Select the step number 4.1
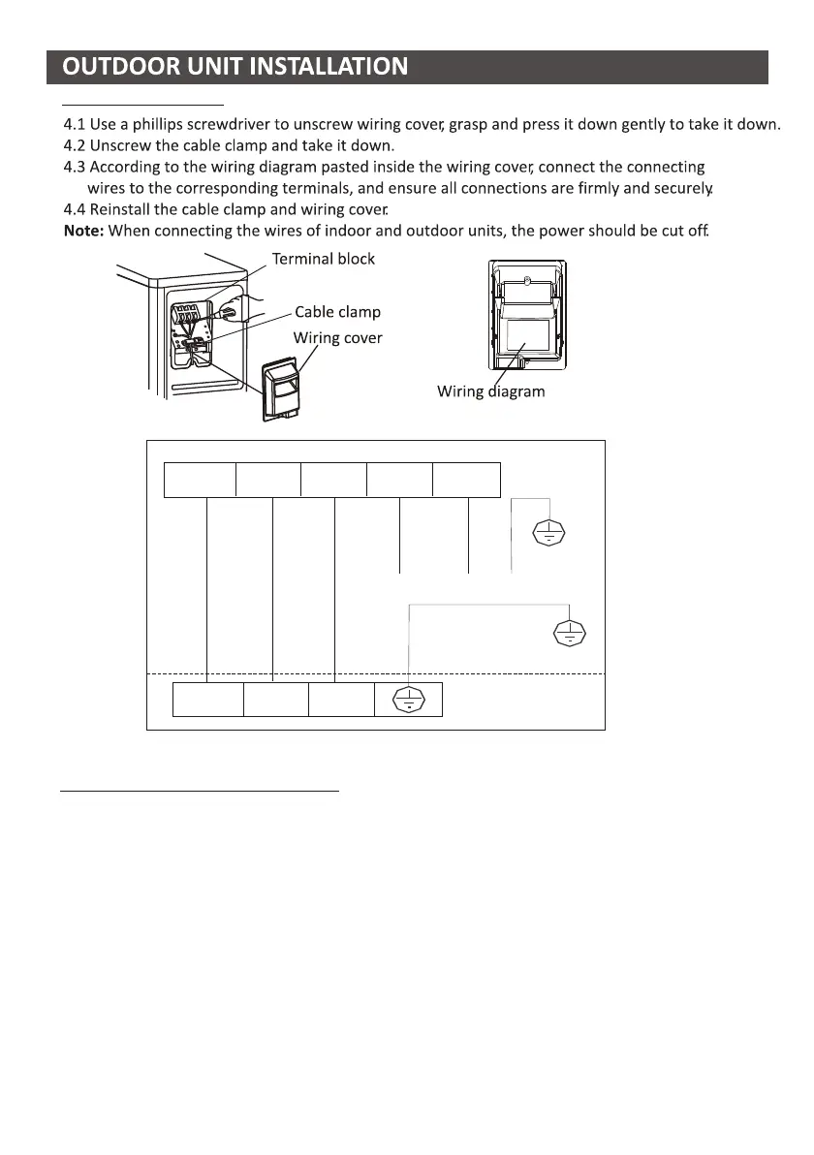coord(75,125)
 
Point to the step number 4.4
coord(75,209)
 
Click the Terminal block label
coord(323,259)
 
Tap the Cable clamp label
coord(337,312)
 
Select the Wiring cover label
coord(338,338)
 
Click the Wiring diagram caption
coord(490,392)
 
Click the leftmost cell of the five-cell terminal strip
coord(200,480)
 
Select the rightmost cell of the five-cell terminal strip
coord(466,480)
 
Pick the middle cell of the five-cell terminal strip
coord(333,480)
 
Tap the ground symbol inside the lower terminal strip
coord(408,699)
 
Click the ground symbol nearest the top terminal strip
coord(549,532)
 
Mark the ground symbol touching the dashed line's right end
coord(568,634)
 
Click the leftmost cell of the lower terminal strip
coord(207,699)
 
